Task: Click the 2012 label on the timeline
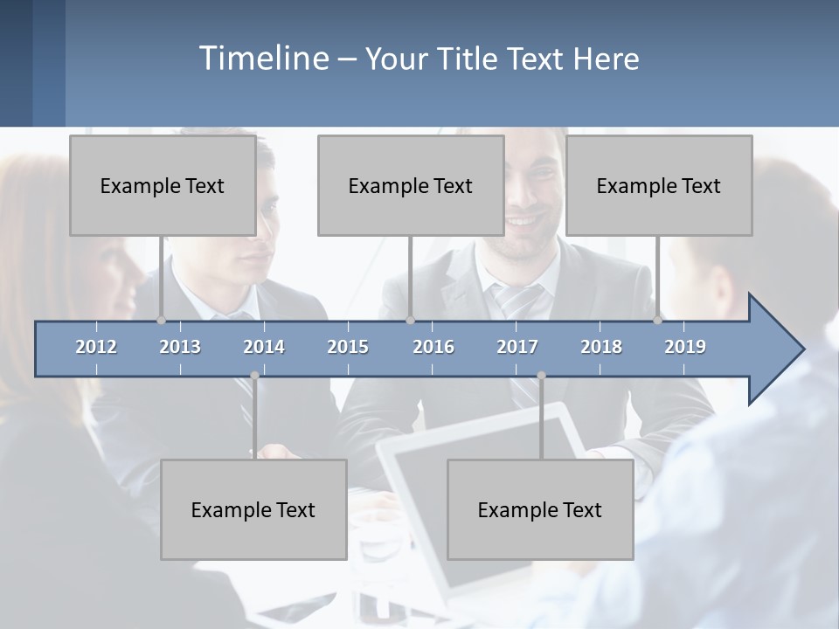pos(96,347)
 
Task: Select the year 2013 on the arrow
pos(180,347)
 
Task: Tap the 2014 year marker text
pos(264,347)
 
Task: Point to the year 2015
pos(348,347)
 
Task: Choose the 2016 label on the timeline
pos(433,347)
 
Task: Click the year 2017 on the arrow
pos(517,347)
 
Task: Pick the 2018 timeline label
pos(601,347)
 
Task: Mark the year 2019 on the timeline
pos(685,347)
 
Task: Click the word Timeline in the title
pos(262,59)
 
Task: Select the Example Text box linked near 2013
pos(163,185)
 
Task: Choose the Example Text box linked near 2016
pos(411,185)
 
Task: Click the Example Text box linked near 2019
pos(659,185)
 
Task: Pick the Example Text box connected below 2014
pos(253,509)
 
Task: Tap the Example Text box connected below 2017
pos(540,509)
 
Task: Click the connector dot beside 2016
pos(410,321)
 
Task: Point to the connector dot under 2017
pos(541,376)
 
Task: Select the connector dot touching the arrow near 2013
pos(161,321)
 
